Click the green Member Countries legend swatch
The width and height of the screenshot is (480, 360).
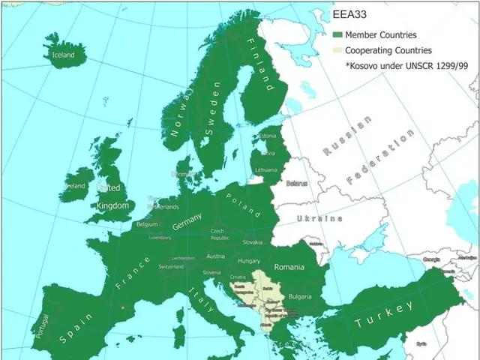click(x=337, y=34)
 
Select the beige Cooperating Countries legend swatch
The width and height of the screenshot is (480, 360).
click(x=337, y=50)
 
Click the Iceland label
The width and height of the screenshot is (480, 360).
click(x=63, y=55)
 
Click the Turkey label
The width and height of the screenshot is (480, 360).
click(x=383, y=314)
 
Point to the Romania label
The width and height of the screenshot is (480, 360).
click(x=289, y=267)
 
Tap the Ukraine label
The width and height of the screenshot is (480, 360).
click(x=319, y=218)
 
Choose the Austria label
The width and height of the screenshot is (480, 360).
click(x=215, y=256)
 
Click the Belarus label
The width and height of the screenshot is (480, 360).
click(x=297, y=182)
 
